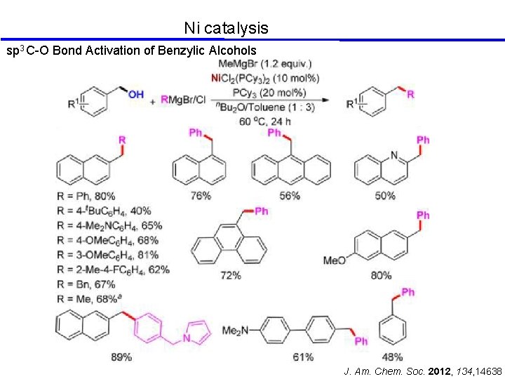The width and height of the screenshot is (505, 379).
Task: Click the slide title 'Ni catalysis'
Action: point(226,28)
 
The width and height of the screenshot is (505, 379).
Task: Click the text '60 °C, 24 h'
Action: point(264,122)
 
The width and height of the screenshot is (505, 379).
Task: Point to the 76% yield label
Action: point(200,196)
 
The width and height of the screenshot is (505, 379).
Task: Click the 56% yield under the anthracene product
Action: point(289,196)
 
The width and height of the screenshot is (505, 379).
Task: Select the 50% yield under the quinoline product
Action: point(385,196)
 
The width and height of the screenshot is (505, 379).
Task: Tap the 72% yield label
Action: point(230,276)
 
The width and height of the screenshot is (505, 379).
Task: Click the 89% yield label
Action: point(121,357)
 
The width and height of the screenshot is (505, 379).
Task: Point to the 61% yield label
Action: point(303,357)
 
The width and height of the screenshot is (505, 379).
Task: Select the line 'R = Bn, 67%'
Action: point(86,284)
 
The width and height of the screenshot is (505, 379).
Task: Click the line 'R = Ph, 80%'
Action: point(86,196)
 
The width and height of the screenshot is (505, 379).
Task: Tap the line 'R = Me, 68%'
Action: point(88,299)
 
